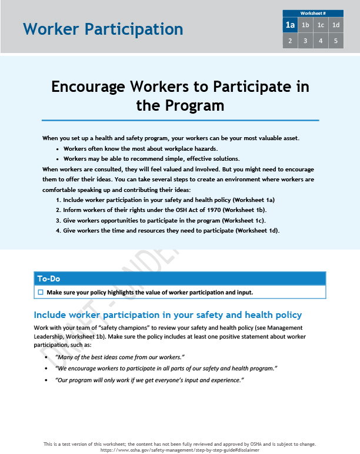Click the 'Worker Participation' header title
pos(103,29)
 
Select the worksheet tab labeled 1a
pos(290,25)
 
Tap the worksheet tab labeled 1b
pos(305,25)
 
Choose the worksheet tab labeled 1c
pos(321,25)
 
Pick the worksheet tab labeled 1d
pos(336,25)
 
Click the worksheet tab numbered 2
pos(290,41)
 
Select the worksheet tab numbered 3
pos(305,41)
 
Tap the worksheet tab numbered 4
pos(321,41)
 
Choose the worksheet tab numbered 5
pos(336,41)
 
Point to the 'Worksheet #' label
pos(313,13)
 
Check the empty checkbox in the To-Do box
pos(41,292)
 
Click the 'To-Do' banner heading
pos(49,279)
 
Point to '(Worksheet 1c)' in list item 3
pos(241,220)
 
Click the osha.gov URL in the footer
pos(180,449)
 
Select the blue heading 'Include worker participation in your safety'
pos(168,315)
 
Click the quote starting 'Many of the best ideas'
pos(120,357)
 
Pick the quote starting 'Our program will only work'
pos(149,380)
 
